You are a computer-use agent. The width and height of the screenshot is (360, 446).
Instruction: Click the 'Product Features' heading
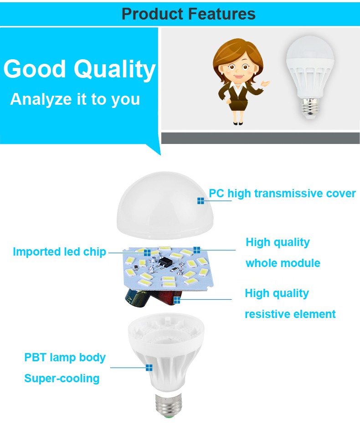(188, 14)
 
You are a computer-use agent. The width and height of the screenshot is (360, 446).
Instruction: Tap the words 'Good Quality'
(79, 69)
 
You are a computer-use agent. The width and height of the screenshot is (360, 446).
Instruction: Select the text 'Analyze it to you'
(75, 100)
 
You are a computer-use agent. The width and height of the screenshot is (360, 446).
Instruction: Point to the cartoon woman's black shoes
(238, 123)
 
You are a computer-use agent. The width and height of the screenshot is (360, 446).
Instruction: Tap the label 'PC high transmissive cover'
(283, 194)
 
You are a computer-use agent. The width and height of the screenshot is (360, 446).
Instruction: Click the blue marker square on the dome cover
(201, 201)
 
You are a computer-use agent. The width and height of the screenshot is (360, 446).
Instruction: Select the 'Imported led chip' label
(60, 252)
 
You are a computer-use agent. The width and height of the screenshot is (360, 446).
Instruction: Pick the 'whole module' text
(283, 263)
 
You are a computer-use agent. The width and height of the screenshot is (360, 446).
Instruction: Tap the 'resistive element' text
(290, 314)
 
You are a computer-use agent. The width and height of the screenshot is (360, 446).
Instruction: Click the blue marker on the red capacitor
(177, 300)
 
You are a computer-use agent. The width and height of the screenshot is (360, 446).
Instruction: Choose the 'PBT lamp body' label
(65, 358)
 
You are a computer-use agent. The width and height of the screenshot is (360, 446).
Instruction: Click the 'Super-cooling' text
(62, 379)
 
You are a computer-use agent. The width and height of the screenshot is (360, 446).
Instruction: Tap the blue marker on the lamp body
(149, 368)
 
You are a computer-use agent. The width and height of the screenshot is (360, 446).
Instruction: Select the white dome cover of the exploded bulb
(165, 205)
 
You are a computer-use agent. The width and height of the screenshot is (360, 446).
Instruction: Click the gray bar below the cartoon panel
(260, 138)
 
